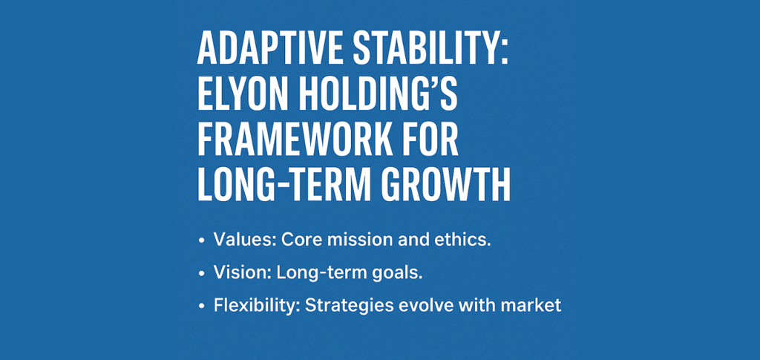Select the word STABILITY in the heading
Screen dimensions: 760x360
(430, 50)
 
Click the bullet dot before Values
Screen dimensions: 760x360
(201, 240)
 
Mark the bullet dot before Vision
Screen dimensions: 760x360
(201, 273)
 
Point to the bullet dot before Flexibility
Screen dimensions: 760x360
(201, 307)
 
